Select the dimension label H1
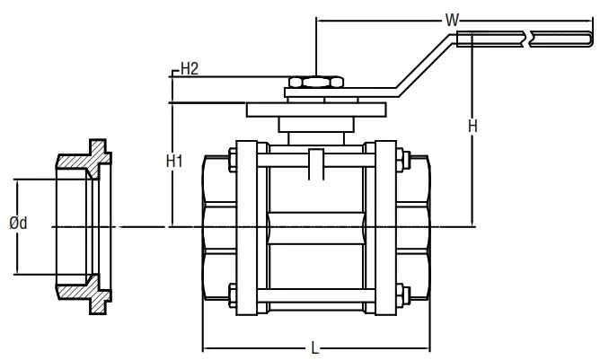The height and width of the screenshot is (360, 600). [175, 162]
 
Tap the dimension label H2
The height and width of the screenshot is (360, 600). [190, 68]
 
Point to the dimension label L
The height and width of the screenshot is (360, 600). [313, 346]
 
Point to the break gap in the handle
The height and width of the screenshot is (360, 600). [527, 38]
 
